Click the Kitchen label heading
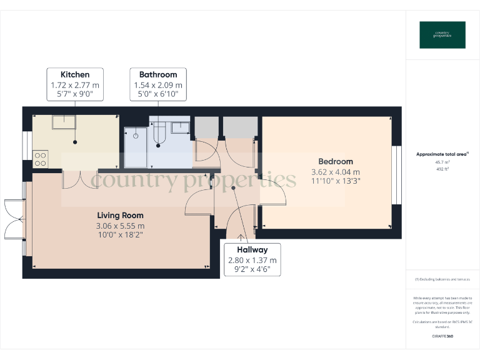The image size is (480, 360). click(74, 74)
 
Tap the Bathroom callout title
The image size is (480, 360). click(158, 74)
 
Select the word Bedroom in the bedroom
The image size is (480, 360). click(336, 161)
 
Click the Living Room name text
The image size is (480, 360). click(120, 216)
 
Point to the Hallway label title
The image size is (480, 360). click(252, 249)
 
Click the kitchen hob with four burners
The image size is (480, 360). click(41, 159)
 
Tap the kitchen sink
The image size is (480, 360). click(64, 121)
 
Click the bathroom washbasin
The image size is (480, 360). click(181, 127)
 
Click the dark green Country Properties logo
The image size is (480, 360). click(442, 35)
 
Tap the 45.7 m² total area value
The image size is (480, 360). click(442, 162)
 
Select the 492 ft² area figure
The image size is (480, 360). click(442, 168)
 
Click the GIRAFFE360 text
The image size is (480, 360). click(442, 336)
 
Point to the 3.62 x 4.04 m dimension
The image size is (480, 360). click(336, 172)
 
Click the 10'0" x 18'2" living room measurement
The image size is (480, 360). click(120, 236)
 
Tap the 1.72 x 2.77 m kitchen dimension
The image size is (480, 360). click(74, 85)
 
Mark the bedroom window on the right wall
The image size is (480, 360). click(395, 176)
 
